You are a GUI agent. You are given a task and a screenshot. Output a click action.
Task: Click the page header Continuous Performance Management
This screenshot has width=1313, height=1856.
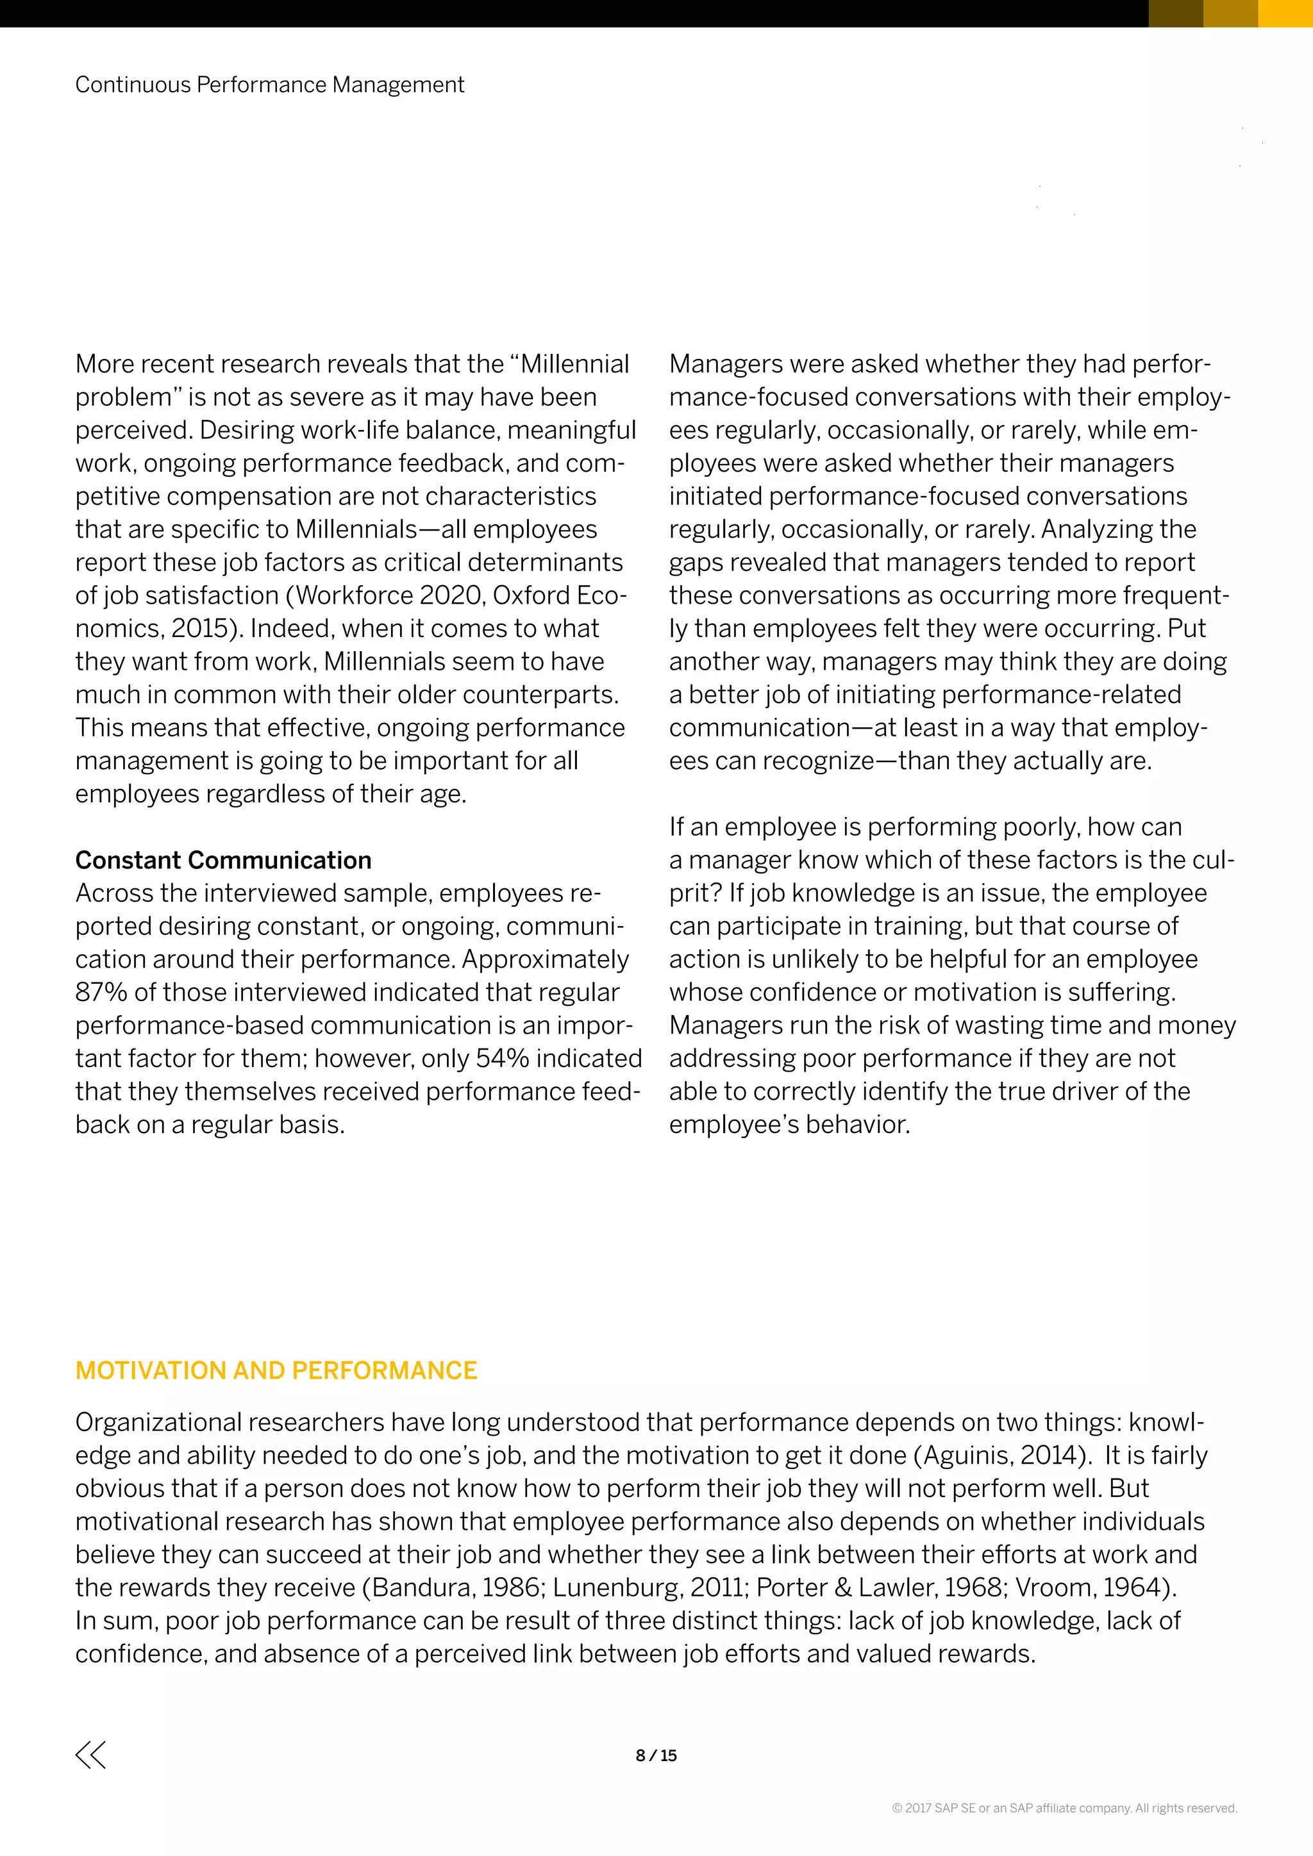[x=269, y=85]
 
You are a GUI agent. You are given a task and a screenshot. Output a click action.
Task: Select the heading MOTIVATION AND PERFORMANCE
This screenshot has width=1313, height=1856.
[x=276, y=1370]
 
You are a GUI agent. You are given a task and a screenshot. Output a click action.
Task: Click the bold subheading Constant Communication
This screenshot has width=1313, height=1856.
[x=223, y=859]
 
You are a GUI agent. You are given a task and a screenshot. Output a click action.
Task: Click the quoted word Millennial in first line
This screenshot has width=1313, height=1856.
[x=573, y=364]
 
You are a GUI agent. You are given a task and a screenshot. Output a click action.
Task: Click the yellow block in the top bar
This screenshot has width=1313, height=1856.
[x=1285, y=13]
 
